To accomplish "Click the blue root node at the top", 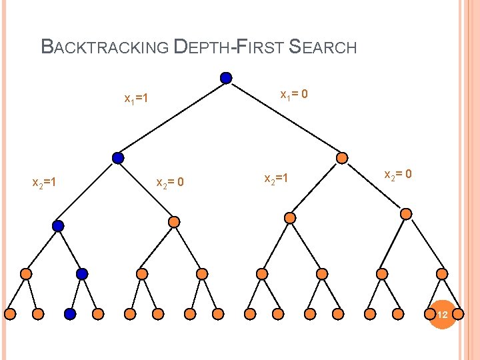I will click(226, 78).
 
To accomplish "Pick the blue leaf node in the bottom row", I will click(70, 313).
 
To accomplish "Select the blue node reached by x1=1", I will click(118, 158).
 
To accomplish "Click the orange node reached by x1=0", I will click(341, 158).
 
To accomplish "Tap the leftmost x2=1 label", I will click(44, 181).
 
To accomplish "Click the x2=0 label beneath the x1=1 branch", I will click(169, 182).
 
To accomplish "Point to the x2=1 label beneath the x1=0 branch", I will click(276, 179).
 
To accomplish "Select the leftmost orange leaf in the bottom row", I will click(11, 313).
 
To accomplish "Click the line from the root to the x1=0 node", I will click(283, 117).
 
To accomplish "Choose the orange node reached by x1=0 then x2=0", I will click(406, 214).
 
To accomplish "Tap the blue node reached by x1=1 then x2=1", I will click(58, 226).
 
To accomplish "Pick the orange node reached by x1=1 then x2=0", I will click(173, 221).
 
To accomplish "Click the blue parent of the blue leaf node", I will click(82, 273).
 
